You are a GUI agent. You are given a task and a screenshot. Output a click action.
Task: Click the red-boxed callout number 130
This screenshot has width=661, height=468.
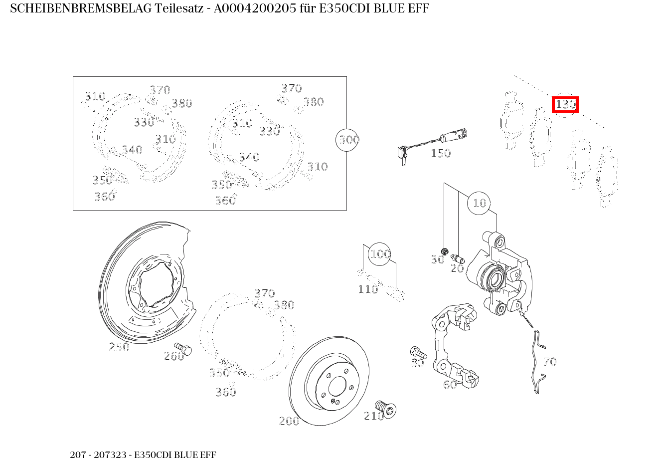[565, 105]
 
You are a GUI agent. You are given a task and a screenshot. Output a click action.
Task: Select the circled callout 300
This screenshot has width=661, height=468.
[348, 140]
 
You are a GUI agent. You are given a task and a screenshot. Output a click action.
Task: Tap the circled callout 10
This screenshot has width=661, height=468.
[479, 203]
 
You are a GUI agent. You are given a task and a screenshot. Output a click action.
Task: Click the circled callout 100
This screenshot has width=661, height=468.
[380, 254]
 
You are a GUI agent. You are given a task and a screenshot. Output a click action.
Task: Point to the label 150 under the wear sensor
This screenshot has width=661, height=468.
[440, 154]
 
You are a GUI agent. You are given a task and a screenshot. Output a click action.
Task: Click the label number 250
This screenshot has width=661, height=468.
[119, 347]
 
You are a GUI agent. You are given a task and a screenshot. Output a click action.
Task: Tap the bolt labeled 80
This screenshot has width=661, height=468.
[416, 352]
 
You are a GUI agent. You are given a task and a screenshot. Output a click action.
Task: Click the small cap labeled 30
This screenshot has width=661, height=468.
[445, 250]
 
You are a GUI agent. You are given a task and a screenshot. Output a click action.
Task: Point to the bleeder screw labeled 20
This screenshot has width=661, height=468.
[458, 258]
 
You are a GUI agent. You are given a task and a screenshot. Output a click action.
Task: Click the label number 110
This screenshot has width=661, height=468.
[368, 289]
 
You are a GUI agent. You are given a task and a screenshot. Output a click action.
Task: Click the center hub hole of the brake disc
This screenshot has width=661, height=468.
[337, 386]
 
